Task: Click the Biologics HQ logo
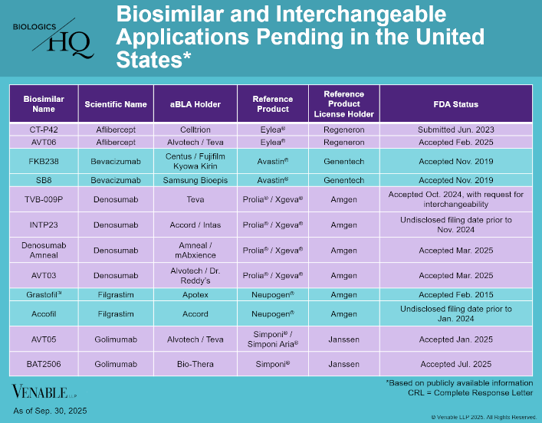coord(53,37)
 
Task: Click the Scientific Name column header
coord(116,104)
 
